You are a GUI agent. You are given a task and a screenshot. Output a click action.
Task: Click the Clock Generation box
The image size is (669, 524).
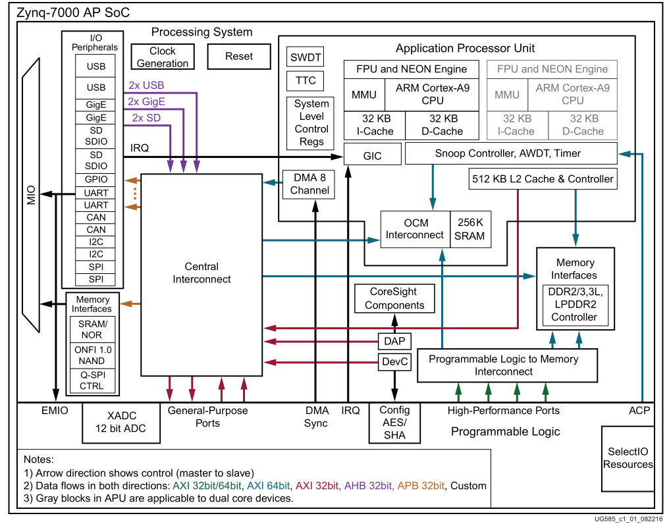(162, 57)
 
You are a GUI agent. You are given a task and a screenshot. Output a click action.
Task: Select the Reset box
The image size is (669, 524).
(239, 57)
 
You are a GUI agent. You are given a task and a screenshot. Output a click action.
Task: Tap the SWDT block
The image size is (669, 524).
(306, 57)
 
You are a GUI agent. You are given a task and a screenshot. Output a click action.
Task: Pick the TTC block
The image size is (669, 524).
(306, 81)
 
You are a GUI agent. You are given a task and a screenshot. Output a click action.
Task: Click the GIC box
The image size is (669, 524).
(372, 156)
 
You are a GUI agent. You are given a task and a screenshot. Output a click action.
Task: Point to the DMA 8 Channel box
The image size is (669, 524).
(309, 184)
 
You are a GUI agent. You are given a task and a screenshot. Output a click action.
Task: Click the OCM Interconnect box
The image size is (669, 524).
(415, 229)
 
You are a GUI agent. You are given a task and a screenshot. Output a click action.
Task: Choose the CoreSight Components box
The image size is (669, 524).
(394, 298)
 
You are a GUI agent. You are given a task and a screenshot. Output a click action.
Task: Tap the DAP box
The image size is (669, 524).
(394, 341)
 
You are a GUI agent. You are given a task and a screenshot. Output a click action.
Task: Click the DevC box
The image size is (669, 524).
(394, 361)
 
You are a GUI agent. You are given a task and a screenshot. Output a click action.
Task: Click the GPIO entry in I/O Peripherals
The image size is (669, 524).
(96, 180)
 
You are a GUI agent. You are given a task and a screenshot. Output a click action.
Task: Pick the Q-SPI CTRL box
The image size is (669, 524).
(92, 380)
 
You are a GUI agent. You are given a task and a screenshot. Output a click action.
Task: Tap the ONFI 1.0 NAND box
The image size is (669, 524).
(92, 355)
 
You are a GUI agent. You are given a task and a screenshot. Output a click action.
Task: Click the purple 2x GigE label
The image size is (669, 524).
(146, 101)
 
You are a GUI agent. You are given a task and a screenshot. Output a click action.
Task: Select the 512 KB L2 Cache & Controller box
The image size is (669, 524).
(543, 178)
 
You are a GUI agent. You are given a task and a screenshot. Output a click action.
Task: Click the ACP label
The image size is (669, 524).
(639, 411)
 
